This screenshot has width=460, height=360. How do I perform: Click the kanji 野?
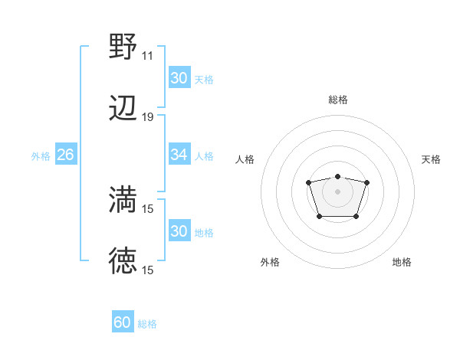(x=123, y=47)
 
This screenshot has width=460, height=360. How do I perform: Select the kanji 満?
(x=123, y=200)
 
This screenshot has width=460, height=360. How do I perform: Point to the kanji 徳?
(x=123, y=261)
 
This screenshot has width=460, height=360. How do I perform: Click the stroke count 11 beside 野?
(x=147, y=56)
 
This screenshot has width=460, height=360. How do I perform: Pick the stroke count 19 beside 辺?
(x=147, y=117)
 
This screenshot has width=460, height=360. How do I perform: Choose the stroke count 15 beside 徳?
(x=147, y=270)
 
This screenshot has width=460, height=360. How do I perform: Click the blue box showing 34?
(x=179, y=155)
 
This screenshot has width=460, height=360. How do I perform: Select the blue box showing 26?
(x=65, y=155)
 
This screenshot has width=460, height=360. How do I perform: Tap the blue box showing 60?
(x=123, y=322)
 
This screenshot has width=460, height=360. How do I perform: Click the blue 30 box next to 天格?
(x=179, y=78)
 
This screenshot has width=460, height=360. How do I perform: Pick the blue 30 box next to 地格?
(x=179, y=231)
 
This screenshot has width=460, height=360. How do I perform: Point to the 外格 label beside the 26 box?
(x=41, y=155)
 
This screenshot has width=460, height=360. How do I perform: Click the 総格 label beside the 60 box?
(x=147, y=324)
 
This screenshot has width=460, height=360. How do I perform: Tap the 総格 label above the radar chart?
(x=337, y=100)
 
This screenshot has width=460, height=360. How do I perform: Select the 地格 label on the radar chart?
(x=402, y=262)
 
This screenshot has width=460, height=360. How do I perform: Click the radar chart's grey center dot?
(x=337, y=191)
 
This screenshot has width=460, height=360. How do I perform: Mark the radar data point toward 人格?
(x=308, y=182)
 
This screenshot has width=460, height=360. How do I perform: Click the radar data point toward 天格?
(x=366, y=182)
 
